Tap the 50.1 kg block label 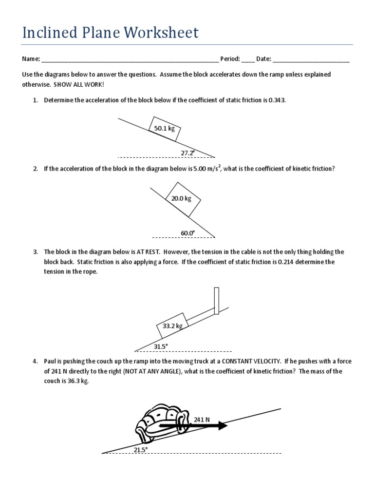point(165,129)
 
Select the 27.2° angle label point(188,153)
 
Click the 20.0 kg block point(181,198)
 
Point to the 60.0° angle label point(188,233)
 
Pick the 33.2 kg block point(172,326)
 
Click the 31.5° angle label point(161,346)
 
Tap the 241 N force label point(202,420)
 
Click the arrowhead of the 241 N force point(223,425)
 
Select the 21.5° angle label point(140,450)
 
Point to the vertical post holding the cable point(216,301)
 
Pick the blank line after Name point(130,59)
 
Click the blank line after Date point(311,59)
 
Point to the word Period point(230,59)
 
